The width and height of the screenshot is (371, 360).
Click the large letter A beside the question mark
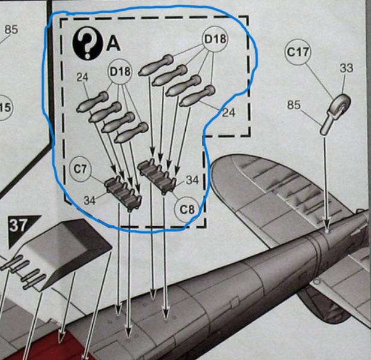point(113,44)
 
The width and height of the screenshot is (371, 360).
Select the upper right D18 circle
point(215,39)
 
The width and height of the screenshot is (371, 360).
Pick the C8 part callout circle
point(187,209)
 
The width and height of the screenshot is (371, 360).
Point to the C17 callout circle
point(298,52)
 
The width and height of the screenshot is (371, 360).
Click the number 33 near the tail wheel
point(346,68)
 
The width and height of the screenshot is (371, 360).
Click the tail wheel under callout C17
point(340,107)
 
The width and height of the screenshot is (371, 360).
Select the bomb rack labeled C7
point(123,191)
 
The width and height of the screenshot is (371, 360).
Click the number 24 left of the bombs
point(82,77)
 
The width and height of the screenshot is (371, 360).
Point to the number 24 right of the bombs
point(228,112)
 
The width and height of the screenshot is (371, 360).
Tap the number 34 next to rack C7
point(89,200)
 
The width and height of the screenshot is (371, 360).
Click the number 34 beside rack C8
point(192,180)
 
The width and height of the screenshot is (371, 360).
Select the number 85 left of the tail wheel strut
point(294,104)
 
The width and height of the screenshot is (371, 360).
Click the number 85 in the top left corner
point(11,29)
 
